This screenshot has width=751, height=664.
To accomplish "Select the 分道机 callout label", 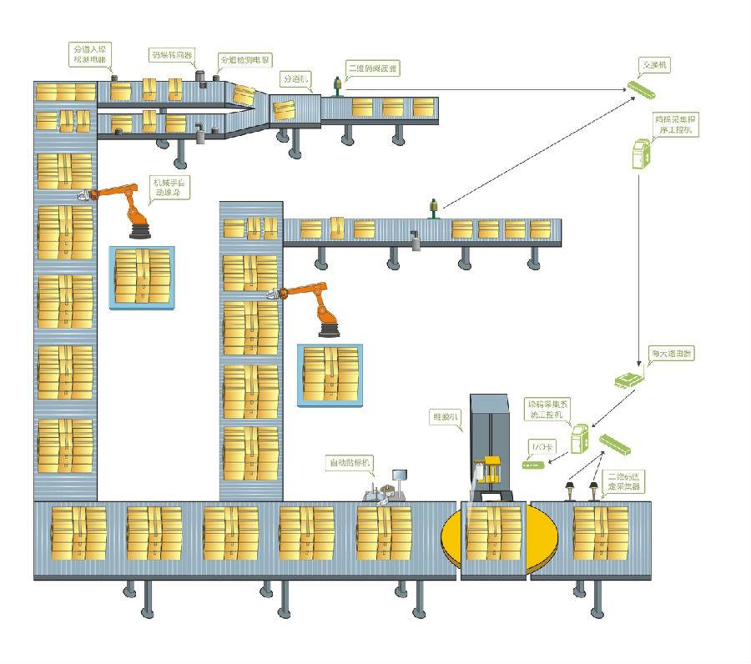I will tap(295, 79).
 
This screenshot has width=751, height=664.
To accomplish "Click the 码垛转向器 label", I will tap(172, 56).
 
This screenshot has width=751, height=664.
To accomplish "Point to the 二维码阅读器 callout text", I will tap(372, 67).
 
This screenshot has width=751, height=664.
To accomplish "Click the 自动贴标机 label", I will tap(350, 461).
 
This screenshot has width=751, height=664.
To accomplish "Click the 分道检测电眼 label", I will tap(245, 61).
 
